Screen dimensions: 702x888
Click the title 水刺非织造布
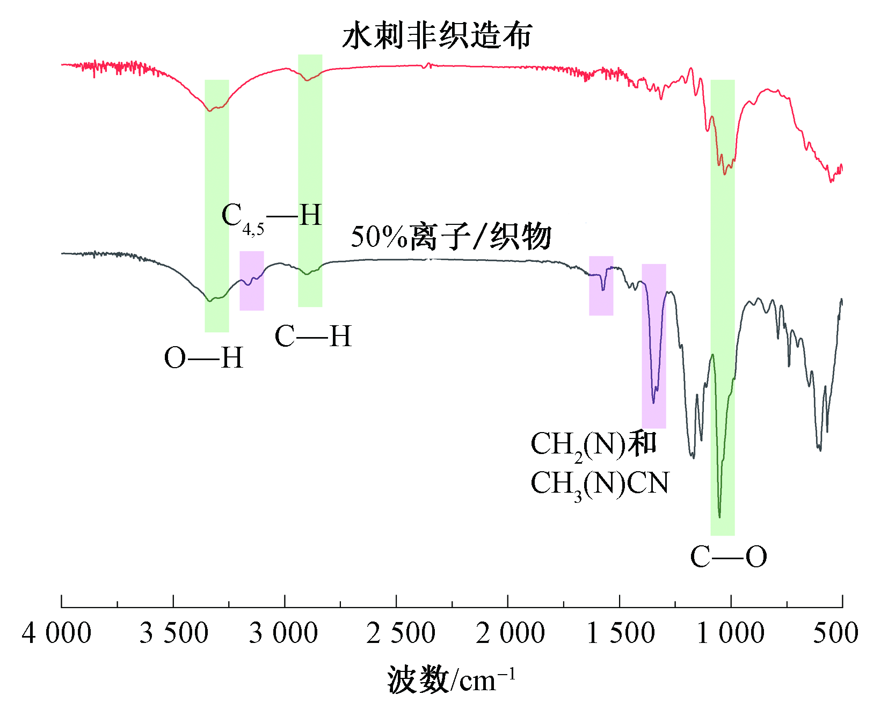(x=437, y=36)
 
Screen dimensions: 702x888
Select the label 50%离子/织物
(x=451, y=237)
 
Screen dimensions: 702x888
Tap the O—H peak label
(x=203, y=358)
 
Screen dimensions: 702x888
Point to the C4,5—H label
(x=272, y=217)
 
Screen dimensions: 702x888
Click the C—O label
(x=728, y=557)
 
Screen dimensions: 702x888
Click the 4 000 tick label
(x=56, y=633)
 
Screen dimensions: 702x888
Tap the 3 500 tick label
(x=173, y=633)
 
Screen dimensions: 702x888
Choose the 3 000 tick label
(x=283, y=633)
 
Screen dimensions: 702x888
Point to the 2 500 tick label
(x=401, y=633)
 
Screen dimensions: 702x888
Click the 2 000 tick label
(x=510, y=633)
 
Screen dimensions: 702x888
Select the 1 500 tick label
(x=621, y=633)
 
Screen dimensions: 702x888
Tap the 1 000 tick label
(x=731, y=633)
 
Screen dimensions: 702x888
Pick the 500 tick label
(x=835, y=633)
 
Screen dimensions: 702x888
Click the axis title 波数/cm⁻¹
(x=451, y=679)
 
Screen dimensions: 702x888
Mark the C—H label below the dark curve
(x=313, y=337)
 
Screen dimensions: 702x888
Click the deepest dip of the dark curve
(x=719, y=516)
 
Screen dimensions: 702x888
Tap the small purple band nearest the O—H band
(x=251, y=281)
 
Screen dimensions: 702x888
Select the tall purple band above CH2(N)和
(x=654, y=346)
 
